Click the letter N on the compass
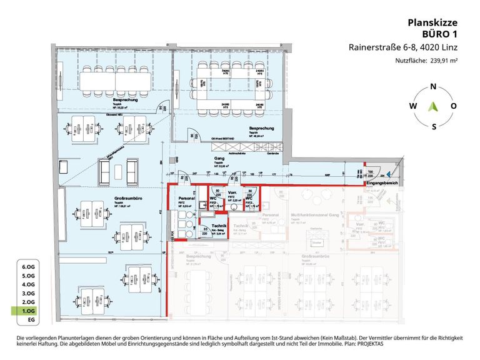tap(432, 87)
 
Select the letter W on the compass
tap(412, 106)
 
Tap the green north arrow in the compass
tap(432, 106)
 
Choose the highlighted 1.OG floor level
tap(27, 311)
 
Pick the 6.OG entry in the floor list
tap(27, 267)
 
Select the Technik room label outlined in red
tap(218, 226)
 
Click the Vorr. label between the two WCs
tap(231, 192)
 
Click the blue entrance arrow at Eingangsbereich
tap(389, 175)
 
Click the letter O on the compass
tap(453, 106)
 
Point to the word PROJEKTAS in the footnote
tap(368, 344)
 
